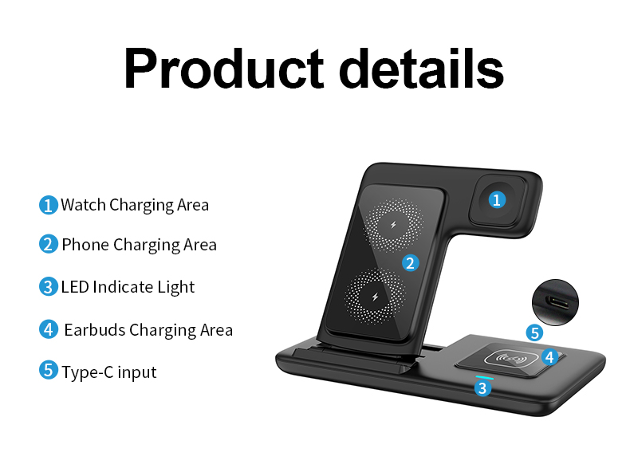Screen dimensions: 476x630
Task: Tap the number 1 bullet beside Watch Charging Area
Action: (x=49, y=205)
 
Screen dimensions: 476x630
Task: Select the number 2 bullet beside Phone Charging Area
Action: (x=49, y=244)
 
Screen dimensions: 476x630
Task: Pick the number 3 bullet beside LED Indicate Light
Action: (x=49, y=286)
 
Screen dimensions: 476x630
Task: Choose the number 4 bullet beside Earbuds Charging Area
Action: (x=49, y=328)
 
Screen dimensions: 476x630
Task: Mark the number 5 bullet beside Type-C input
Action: (x=49, y=371)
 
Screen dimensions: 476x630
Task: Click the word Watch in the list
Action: (x=83, y=205)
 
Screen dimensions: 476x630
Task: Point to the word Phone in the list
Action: (x=85, y=244)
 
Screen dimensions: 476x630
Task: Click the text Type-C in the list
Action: (x=88, y=372)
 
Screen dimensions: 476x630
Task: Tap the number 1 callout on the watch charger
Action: (x=497, y=199)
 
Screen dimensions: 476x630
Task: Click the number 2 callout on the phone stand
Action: (x=410, y=262)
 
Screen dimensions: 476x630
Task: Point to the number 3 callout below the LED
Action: (x=482, y=388)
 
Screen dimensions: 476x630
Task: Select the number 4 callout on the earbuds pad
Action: (x=549, y=356)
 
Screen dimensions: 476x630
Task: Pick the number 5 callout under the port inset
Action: (x=534, y=333)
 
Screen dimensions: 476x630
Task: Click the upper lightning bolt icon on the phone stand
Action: (x=392, y=226)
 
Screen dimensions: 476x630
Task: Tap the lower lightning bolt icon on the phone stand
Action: (x=374, y=297)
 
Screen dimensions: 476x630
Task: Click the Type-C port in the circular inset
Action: (x=555, y=303)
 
